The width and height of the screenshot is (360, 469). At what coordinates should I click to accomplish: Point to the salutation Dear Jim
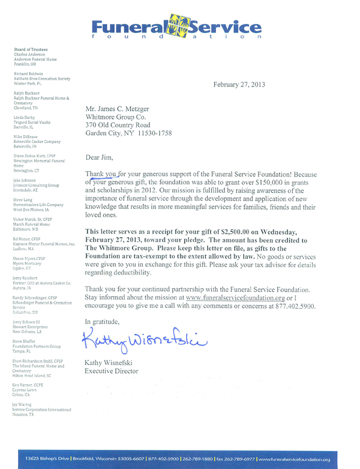click(100, 158)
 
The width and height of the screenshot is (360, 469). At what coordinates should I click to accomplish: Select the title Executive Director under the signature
click(112, 371)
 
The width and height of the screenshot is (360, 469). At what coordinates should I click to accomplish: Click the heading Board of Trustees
click(31, 49)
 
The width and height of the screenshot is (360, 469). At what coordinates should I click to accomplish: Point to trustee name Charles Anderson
click(30, 54)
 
